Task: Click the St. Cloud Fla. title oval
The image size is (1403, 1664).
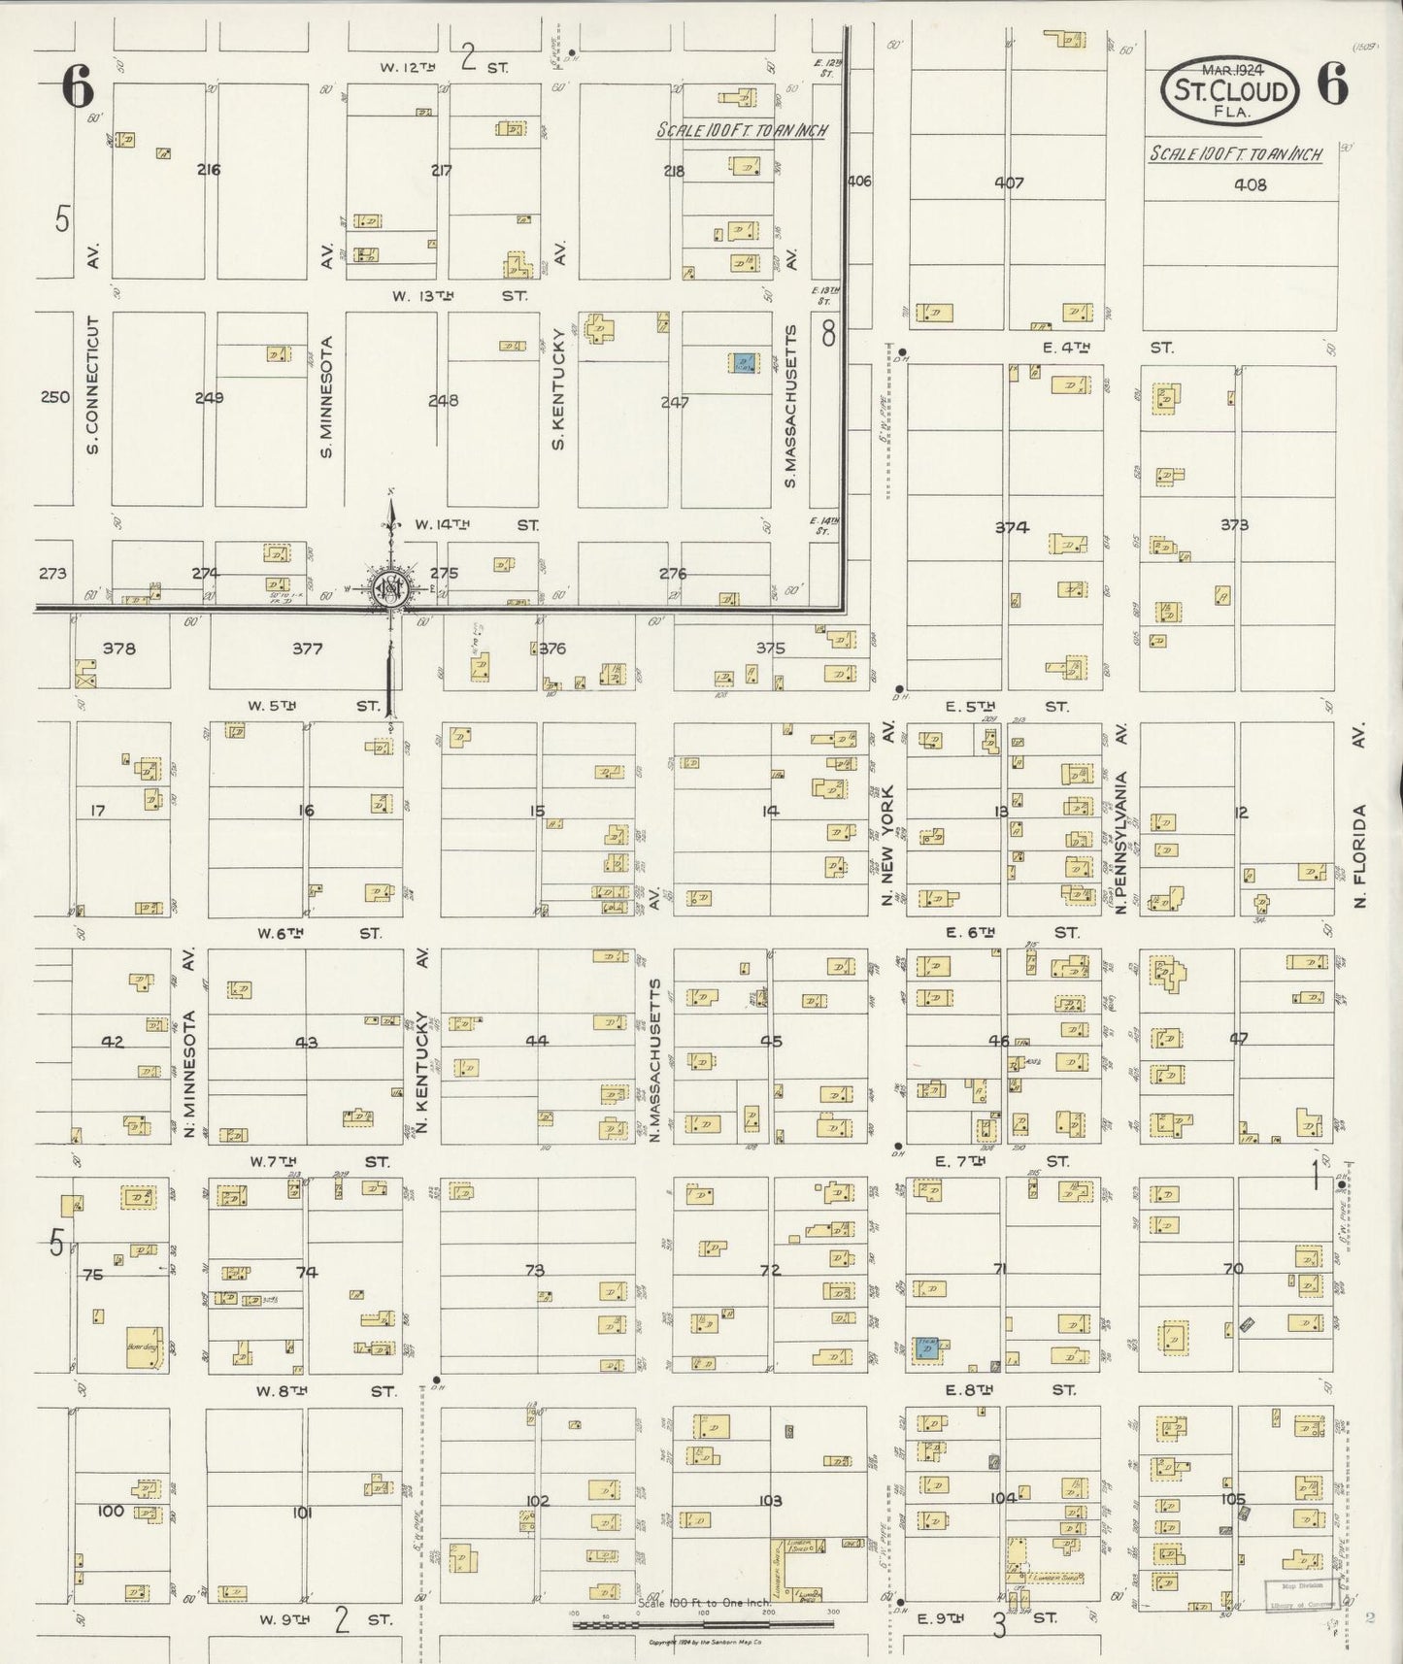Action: tap(1230, 90)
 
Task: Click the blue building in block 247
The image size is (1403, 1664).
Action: tap(744, 363)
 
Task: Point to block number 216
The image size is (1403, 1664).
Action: tap(209, 170)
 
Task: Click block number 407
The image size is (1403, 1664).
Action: tap(1010, 183)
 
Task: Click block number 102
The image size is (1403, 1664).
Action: tap(537, 1500)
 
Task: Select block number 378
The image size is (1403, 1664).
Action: tap(119, 649)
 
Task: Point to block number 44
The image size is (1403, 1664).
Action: tap(537, 1041)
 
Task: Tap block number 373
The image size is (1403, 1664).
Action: tap(1234, 525)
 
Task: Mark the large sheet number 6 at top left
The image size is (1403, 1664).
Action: tap(79, 89)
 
